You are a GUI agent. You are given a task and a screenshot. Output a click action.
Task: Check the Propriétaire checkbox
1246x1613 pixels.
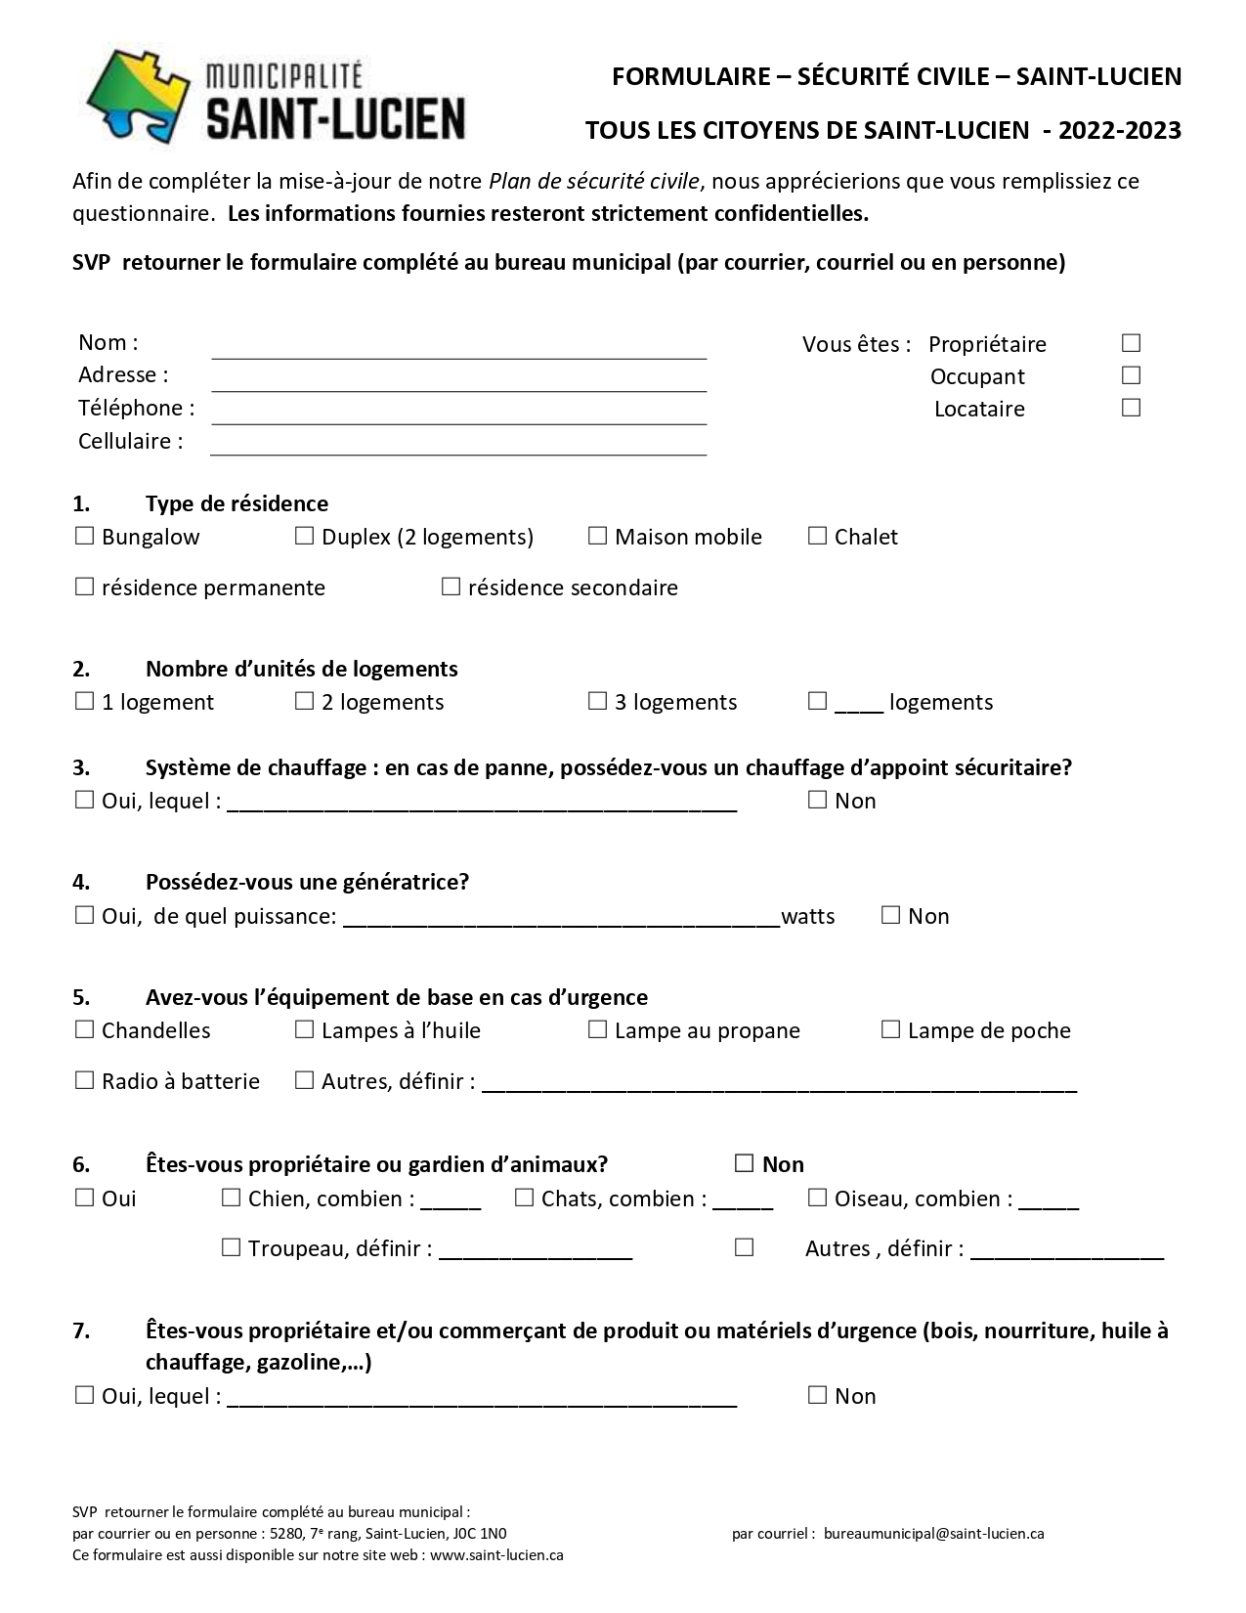coord(1131,343)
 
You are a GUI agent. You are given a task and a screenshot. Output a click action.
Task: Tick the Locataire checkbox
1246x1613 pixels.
coord(1131,408)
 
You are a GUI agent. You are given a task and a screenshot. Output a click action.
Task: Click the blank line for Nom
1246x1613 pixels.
coord(458,348)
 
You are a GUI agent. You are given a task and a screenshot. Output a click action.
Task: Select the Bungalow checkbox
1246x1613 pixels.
coord(84,536)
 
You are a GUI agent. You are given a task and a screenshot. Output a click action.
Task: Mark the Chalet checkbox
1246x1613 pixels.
coord(817,536)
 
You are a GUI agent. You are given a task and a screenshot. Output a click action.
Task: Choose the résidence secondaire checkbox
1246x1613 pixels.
coord(451,587)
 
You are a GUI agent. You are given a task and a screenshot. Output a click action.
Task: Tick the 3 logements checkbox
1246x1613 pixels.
coord(597,701)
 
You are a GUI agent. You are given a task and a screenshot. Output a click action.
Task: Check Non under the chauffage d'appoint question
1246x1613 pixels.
coord(817,800)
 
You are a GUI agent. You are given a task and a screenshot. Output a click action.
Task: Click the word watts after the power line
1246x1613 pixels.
coord(808,916)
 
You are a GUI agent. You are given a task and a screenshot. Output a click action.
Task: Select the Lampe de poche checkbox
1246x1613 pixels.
coord(890,1029)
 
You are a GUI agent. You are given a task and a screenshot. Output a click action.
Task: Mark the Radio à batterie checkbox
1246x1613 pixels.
coord(84,1080)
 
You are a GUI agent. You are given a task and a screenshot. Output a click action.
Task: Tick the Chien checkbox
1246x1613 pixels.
coord(231,1198)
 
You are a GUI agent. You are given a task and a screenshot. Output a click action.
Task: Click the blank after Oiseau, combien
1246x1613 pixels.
coord(1049,1201)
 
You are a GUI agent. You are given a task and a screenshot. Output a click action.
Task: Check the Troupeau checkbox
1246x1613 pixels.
coord(231,1247)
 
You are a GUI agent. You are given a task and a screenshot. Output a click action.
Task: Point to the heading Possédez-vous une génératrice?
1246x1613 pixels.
coord(307,882)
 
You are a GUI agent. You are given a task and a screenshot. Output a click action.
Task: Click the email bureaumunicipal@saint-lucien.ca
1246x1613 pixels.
coord(933,1533)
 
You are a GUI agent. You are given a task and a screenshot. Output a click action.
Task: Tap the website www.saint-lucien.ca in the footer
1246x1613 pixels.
coord(496,1554)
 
